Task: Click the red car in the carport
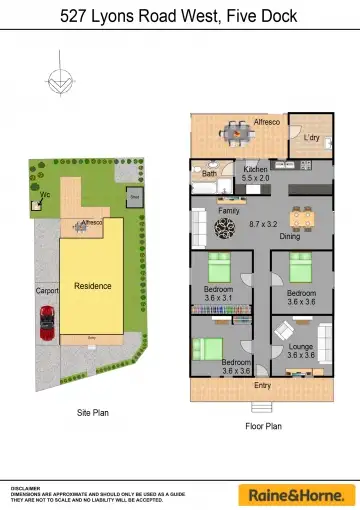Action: (47, 323)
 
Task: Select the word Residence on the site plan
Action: (92, 286)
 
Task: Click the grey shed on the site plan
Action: (133, 198)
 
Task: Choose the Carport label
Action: (47, 291)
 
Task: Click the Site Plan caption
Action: (92, 412)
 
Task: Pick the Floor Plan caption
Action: (263, 426)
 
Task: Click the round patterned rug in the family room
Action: (223, 230)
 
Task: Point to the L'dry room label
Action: (311, 137)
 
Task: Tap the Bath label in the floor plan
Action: (209, 174)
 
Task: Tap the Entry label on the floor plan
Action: (262, 384)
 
